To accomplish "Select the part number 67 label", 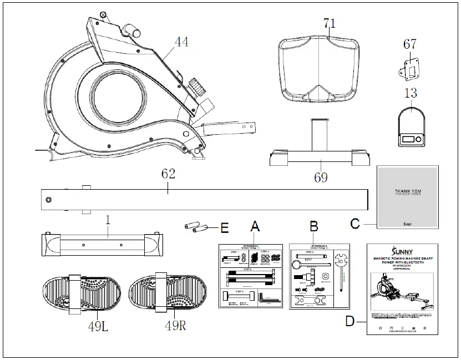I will tap(409, 44).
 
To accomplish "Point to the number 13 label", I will tap(411, 93).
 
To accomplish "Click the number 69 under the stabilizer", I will tap(321, 178).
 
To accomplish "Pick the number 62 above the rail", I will tap(168, 174).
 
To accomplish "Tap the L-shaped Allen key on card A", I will tap(266, 297).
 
